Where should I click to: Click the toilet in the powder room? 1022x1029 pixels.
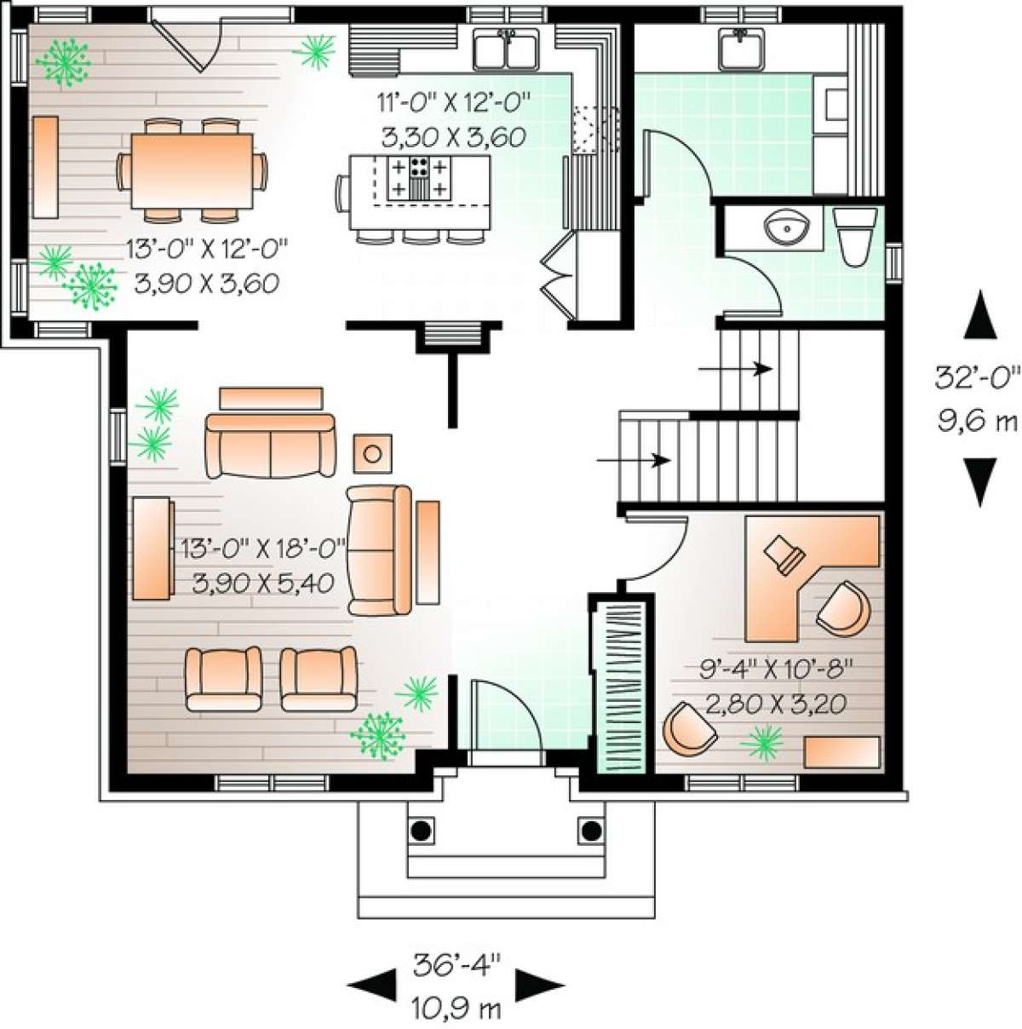point(854,237)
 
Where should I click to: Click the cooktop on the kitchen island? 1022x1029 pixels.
point(418,178)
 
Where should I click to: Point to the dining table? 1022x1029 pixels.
point(192,171)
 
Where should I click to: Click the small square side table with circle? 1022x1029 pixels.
point(372,453)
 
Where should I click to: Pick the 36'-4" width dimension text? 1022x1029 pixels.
point(457,966)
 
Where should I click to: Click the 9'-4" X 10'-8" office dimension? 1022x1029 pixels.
point(774,669)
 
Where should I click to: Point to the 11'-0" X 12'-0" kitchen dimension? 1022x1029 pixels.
point(454,102)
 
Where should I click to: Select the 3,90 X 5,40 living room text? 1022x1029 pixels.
point(263,583)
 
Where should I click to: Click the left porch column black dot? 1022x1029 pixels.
point(422,830)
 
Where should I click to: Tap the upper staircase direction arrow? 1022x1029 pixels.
point(736,369)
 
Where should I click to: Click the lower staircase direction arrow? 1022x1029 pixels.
point(634,459)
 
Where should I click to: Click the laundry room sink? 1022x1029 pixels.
point(741,49)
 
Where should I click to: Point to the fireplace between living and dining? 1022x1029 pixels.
point(453,336)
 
